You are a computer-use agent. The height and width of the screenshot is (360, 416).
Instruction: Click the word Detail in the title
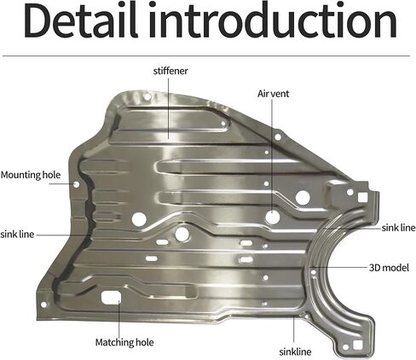point(81,20)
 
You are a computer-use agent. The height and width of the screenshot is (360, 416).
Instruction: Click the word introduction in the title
point(273,20)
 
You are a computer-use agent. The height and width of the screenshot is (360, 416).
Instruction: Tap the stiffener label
point(170,71)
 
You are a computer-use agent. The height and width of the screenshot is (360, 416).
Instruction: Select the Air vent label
point(273,94)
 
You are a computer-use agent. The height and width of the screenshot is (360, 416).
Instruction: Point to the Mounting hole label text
point(31,175)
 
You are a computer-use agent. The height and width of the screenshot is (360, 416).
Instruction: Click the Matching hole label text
point(124,342)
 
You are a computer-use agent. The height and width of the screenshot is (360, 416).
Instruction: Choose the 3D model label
point(389,268)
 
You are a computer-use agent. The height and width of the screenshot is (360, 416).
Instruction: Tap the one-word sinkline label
point(295,352)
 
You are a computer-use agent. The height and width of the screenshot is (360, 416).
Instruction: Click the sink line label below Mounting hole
point(17,235)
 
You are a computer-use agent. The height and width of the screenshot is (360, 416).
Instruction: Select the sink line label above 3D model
point(398,228)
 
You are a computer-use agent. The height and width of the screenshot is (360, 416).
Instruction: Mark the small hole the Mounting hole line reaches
point(77,184)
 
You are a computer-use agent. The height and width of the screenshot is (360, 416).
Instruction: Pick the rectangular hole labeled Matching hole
point(111,298)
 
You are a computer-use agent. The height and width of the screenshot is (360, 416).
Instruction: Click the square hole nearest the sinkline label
point(356,345)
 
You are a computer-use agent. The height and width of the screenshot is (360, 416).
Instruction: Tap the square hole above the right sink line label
point(362,197)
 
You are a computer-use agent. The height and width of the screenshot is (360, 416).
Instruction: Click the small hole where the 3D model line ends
point(314,272)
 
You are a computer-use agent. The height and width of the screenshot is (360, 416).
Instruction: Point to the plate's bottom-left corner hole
point(43,305)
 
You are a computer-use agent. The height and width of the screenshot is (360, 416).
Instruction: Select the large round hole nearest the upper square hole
point(303,198)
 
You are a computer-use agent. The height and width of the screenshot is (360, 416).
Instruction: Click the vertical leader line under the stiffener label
point(168,108)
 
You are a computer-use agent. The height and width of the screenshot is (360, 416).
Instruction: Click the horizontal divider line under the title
point(206,56)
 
